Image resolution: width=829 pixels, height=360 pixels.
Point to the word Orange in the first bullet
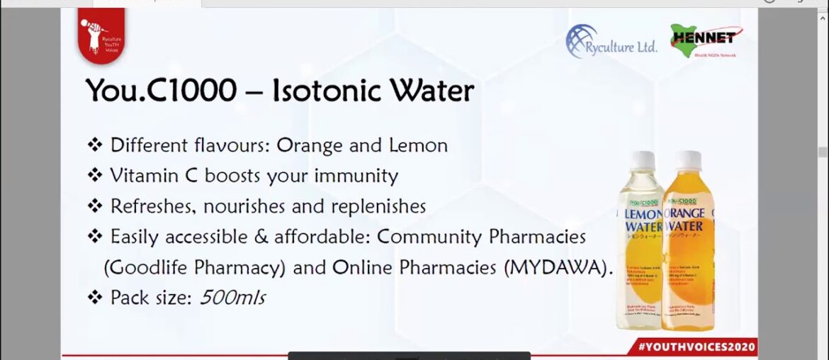(x=307, y=146)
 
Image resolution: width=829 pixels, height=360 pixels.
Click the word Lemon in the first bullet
(x=418, y=146)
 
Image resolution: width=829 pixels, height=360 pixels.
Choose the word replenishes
(x=376, y=206)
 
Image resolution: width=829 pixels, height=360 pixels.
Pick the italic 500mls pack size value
(x=232, y=298)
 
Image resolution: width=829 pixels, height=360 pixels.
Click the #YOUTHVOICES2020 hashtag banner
(x=697, y=347)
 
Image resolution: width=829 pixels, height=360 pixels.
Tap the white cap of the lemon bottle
(x=643, y=161)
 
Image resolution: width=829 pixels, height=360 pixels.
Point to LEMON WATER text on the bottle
(x=643, y=220)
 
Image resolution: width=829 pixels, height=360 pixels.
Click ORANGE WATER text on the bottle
(x=684, y=220)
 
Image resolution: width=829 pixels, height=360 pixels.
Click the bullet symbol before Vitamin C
(x=95, y=176)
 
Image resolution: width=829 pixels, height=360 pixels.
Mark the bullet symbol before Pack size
(x=95, y=298)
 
